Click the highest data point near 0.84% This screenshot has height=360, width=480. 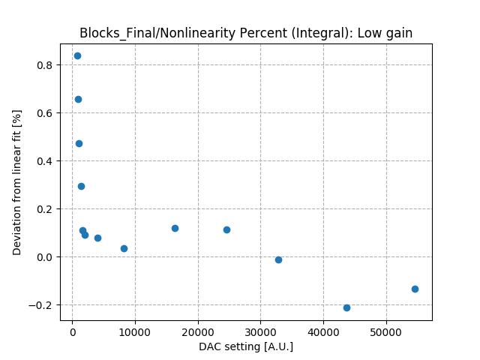[77, 55]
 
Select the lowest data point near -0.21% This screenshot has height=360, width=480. [346, 307]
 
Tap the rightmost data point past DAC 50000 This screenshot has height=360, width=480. [415, 289]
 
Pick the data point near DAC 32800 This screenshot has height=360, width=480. [278, 259]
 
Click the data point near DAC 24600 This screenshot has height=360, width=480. [226, 229]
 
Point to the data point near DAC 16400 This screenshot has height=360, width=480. [175, 228]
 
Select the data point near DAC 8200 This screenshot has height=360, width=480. [124, 248]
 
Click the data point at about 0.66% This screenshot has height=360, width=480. [78, 99]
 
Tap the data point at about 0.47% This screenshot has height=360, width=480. [79, 143]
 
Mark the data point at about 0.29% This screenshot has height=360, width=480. [81, 186]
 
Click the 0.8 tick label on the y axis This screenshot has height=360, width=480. [46, 65]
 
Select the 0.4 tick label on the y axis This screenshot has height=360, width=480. [46, 161]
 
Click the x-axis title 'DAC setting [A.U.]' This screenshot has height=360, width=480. [246, 346]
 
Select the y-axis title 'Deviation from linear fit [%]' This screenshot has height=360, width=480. [17, 181]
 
